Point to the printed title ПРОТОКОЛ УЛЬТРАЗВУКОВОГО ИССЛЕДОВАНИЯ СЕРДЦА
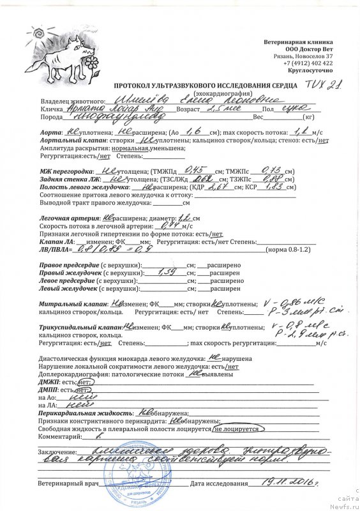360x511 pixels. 204,86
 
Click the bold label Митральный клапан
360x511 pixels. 71,306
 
